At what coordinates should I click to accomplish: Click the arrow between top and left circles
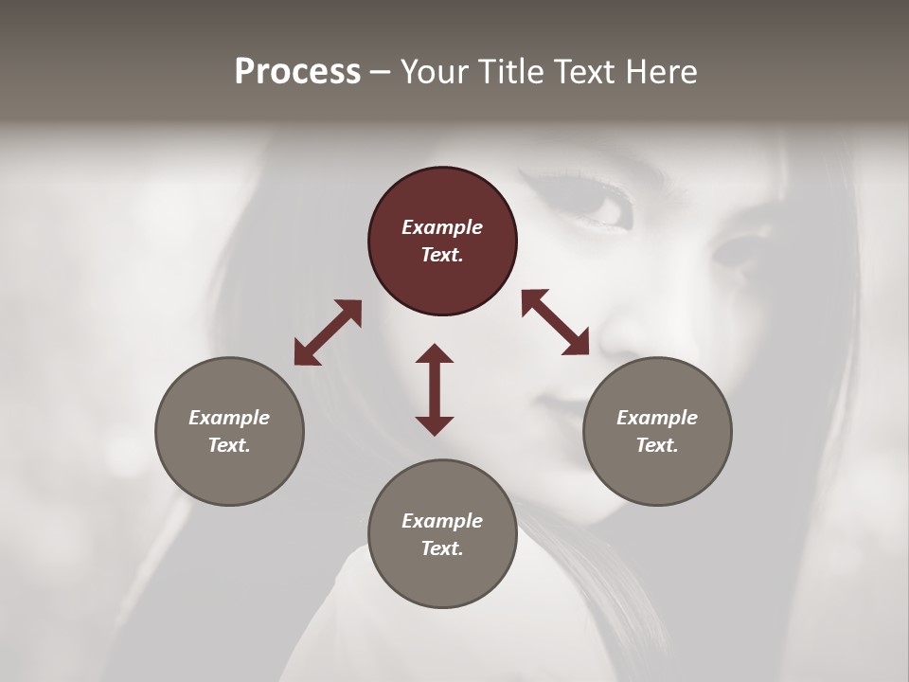pyautogui.click(x=328, y=332)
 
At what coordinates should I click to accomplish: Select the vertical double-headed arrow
pyautogui.click(x=435, y=389)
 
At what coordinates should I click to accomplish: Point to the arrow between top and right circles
pyautogui.click(x=556, y=322)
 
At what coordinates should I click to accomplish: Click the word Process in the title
pyautogui.click(x=297, y=72)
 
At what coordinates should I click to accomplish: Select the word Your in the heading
pyautogui.click(x=433, y=72)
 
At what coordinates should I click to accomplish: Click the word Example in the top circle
pyautogui.click(x=442, y=227)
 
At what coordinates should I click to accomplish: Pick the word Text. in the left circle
pyautogui.click(x=229, y=445)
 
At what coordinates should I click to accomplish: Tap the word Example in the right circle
pyautogui.click(x=657, y=418)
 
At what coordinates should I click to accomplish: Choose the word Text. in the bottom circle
pyautogui.click(x=442, y=548)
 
